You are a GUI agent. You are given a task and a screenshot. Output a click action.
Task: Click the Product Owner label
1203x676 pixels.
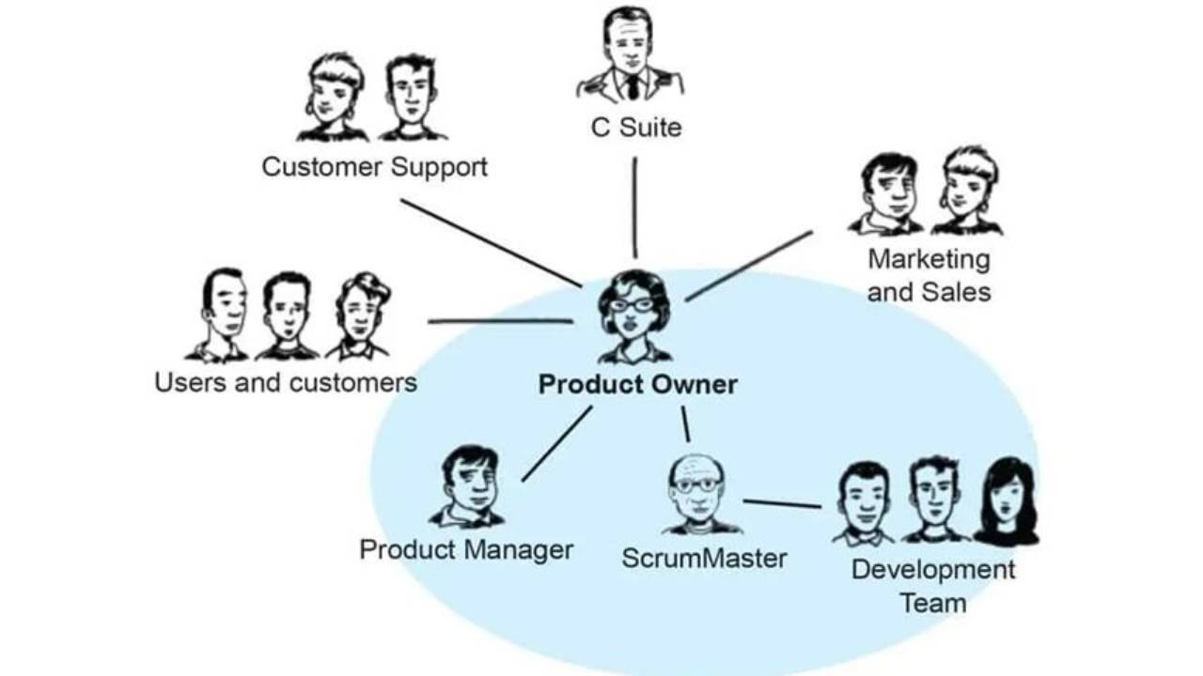637,385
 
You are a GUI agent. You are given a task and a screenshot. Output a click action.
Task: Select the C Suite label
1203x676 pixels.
635,128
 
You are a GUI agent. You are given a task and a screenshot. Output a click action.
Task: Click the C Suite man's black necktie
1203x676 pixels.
633,87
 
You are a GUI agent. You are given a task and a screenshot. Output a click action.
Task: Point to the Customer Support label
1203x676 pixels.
374,167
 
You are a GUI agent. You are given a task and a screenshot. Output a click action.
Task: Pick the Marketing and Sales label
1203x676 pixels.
929,275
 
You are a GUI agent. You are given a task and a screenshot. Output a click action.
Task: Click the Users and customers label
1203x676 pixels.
286,383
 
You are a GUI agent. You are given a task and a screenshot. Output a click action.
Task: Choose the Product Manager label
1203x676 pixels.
466,549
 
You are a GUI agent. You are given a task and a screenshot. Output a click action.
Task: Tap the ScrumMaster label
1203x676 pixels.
704,559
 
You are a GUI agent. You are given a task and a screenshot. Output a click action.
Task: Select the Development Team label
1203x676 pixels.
933,586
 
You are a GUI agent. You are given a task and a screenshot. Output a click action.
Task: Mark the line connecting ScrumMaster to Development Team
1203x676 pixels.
781,504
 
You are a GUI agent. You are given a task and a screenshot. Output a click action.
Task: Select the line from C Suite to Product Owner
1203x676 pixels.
634,207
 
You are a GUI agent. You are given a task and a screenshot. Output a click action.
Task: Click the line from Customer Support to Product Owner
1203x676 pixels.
491,242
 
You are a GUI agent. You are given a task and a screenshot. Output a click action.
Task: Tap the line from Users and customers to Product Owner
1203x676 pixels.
500,321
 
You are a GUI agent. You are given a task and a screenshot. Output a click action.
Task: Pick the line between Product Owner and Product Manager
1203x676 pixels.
557,443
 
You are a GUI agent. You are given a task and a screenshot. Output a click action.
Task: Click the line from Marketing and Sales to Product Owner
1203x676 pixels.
748,267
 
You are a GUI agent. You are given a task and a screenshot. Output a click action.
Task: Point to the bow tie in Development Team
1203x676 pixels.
862,537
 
